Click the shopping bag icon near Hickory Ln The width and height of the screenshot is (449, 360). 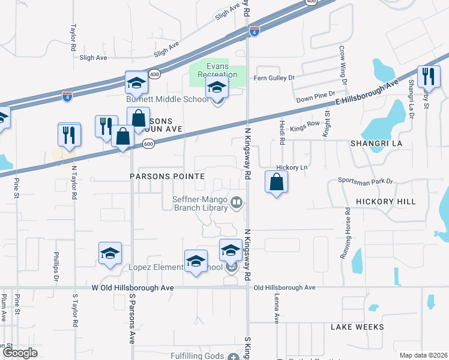pyautogui.click(x=276, y=182)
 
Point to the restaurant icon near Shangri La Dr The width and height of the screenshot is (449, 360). pyautogui.click(x=429, y=76)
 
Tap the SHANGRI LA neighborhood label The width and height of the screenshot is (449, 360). pyautogui.click(x=376, y=144)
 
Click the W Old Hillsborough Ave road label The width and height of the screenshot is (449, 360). pyautogui.click(x=133, y=288)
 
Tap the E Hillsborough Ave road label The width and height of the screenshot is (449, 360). pyautogui.click(x=364, y=92)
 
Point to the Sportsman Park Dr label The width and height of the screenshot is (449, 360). pyautogui.click(x=365, y=180)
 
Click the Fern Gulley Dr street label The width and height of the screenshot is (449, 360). pyautogui.click(x=274, y=78)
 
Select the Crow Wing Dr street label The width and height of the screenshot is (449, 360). pyautogui.click(x=342, y=67)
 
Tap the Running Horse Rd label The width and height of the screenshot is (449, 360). pyautogui.click(x=346, y=233)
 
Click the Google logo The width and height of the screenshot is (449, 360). pyautogui.click(x=20, y=352)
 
